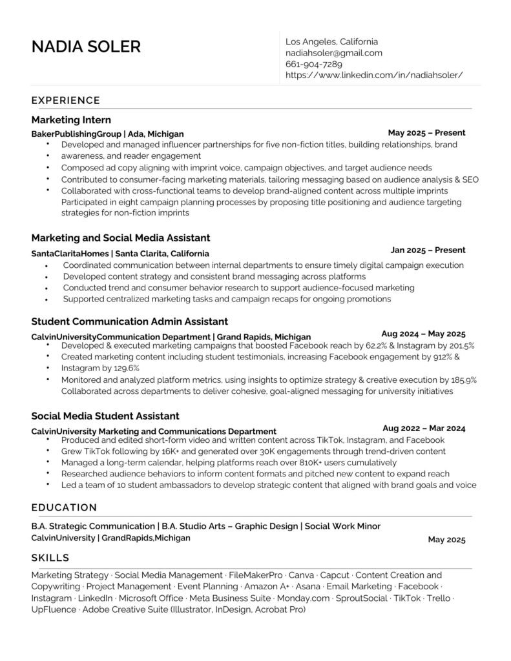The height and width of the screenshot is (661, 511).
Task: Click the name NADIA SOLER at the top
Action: (86, 47)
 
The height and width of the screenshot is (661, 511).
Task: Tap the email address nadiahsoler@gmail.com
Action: (334, 53)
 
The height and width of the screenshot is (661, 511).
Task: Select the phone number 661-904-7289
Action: (314, 64)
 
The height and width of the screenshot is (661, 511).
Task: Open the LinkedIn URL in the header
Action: (374, 75)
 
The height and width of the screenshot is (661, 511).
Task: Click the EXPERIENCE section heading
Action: (65, 100)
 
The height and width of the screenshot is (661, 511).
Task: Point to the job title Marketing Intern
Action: (71, 120)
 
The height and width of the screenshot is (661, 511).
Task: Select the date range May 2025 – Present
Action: (426, 133)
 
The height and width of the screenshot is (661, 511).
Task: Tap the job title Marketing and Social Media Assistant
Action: (120, 238)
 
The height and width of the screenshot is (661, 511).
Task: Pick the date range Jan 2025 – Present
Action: (428, 250)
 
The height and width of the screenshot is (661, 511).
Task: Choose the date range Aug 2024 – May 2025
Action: (423, 334)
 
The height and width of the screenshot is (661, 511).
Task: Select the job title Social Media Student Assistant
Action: (105, 416)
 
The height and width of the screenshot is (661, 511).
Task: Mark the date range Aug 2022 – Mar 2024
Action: (424, 428)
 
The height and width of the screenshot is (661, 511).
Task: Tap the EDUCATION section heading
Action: (64, 507)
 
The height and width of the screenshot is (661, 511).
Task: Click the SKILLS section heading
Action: (50, 558)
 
